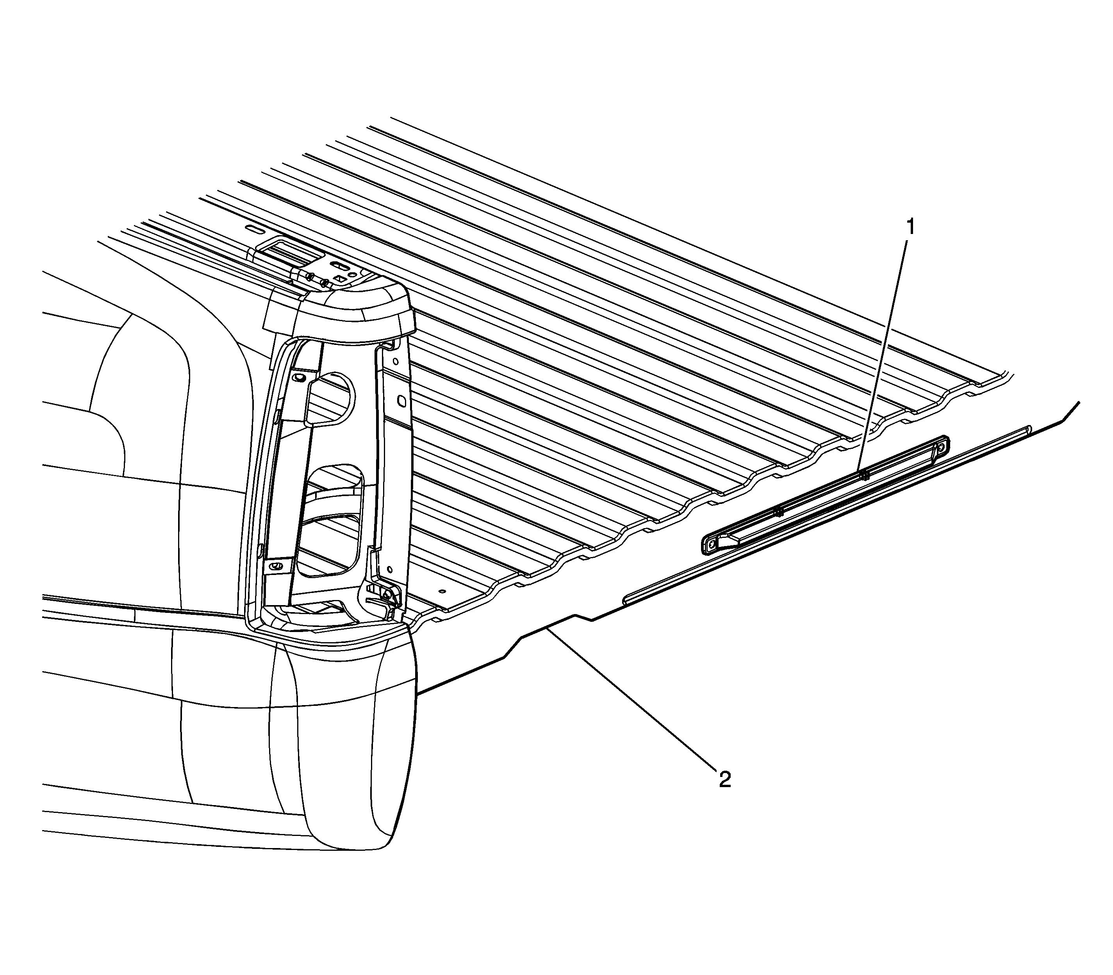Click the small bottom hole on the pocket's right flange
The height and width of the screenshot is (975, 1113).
coord(390,570)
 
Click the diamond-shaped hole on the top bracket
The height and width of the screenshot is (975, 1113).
coord(340,279)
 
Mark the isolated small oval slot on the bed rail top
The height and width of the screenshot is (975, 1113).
coord(254,229)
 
